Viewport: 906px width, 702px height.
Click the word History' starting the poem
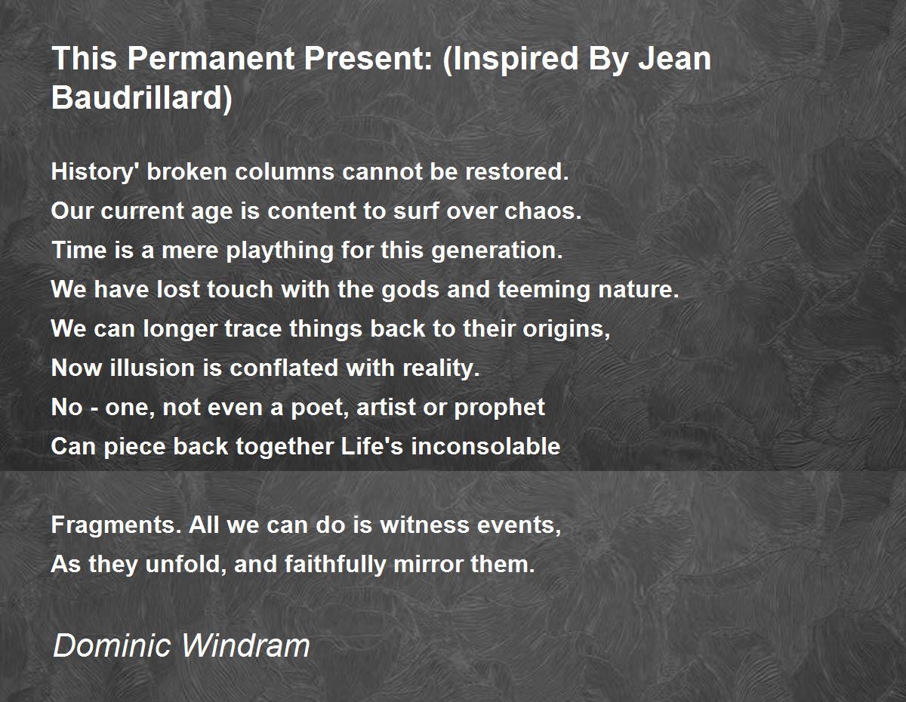[94, 173]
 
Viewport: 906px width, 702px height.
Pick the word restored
[516, 172]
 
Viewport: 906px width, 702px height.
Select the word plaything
[279, 251]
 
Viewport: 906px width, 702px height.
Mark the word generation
[497, 251]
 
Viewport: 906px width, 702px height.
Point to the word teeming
[544, 290]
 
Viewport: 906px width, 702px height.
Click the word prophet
[500, 408]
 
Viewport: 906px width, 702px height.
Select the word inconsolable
[485, 446]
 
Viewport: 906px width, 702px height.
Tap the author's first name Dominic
[112, 645]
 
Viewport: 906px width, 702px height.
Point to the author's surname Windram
[245, 645]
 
